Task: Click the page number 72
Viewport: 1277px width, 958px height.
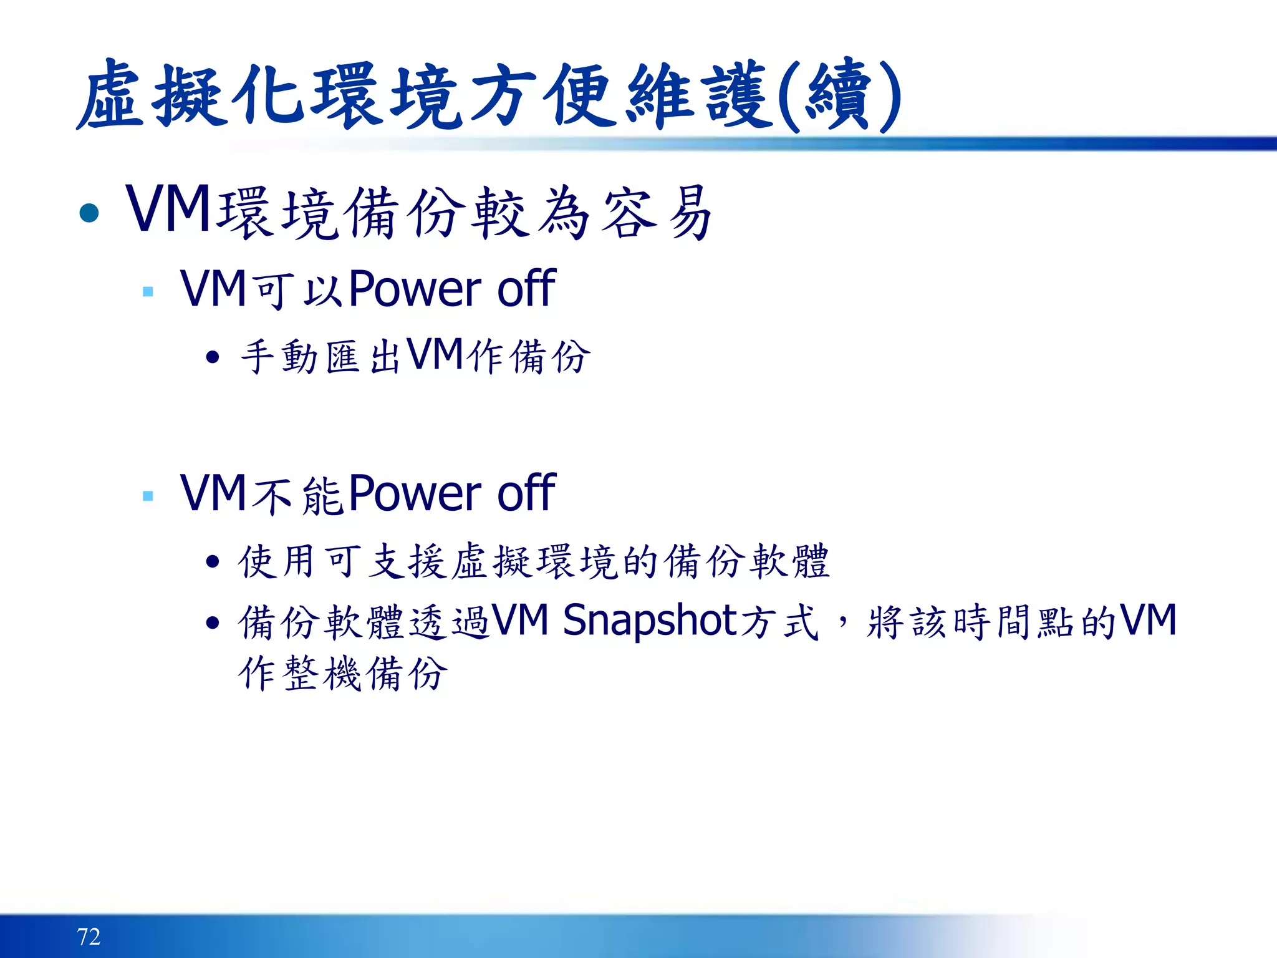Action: (89, 936)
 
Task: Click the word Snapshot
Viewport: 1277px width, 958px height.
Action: (650, 621)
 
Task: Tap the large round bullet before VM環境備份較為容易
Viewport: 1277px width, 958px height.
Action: (90, 213)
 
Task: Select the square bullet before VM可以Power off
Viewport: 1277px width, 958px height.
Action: (148, 291)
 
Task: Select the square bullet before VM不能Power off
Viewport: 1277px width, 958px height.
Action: (148, 496)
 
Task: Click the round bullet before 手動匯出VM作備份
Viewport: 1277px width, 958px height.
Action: (213, 357)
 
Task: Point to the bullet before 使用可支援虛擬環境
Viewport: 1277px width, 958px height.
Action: (213, 562)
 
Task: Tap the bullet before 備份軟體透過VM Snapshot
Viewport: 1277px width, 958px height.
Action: (213, 622)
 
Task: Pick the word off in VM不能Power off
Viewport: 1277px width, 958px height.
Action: (526, 493)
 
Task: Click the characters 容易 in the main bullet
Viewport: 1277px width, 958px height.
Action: (658, 213)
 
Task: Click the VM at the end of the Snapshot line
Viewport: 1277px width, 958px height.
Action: (1148, 621)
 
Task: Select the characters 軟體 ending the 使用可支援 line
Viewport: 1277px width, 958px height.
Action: (789, 561)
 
